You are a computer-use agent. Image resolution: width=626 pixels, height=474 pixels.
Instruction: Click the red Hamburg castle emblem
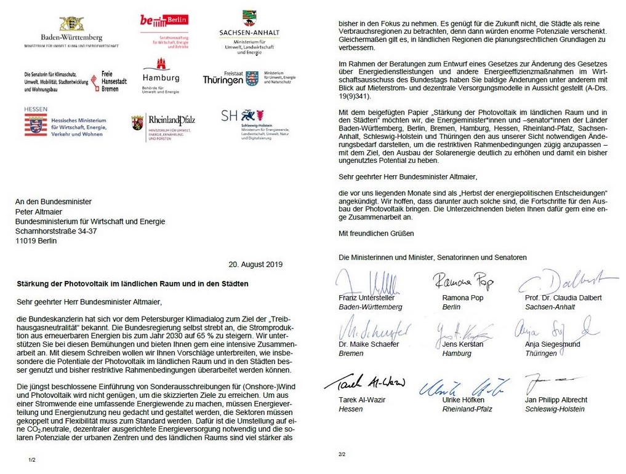pos(162,65)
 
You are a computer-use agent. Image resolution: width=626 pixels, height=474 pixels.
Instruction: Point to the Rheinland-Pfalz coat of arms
pos(137,122)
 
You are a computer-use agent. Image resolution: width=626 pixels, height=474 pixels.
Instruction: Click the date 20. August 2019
pos(255,265)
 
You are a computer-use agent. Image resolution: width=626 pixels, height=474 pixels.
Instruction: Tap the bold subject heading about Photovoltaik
pos(132,284)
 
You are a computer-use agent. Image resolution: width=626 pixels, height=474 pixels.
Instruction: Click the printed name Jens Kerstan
pos(459,344)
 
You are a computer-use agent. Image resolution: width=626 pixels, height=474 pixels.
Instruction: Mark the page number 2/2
pos(342,454)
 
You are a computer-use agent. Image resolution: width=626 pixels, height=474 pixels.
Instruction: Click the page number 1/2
pos(32,459)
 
